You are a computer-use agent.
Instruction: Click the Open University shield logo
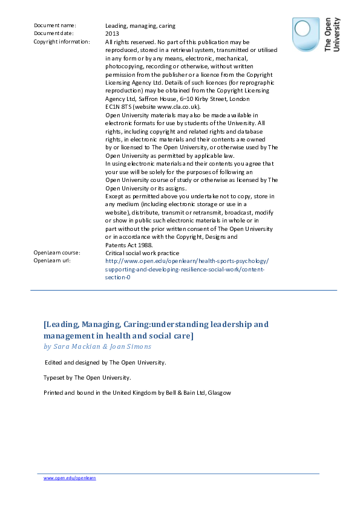(306, 34)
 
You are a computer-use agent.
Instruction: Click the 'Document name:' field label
(55, 25)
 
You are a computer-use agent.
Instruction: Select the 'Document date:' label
(54, 33)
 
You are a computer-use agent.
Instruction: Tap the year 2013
(112, 33)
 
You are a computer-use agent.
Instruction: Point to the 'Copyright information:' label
(62, 42)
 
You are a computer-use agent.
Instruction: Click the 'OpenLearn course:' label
(57, 253)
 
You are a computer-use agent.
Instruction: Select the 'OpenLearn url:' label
(53, 261)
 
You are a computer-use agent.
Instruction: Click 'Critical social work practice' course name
(142, 253)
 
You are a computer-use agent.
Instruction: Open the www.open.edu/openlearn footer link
(70, 478)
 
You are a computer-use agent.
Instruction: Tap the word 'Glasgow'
(219, 392)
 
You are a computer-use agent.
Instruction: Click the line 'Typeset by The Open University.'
(87, 377)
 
